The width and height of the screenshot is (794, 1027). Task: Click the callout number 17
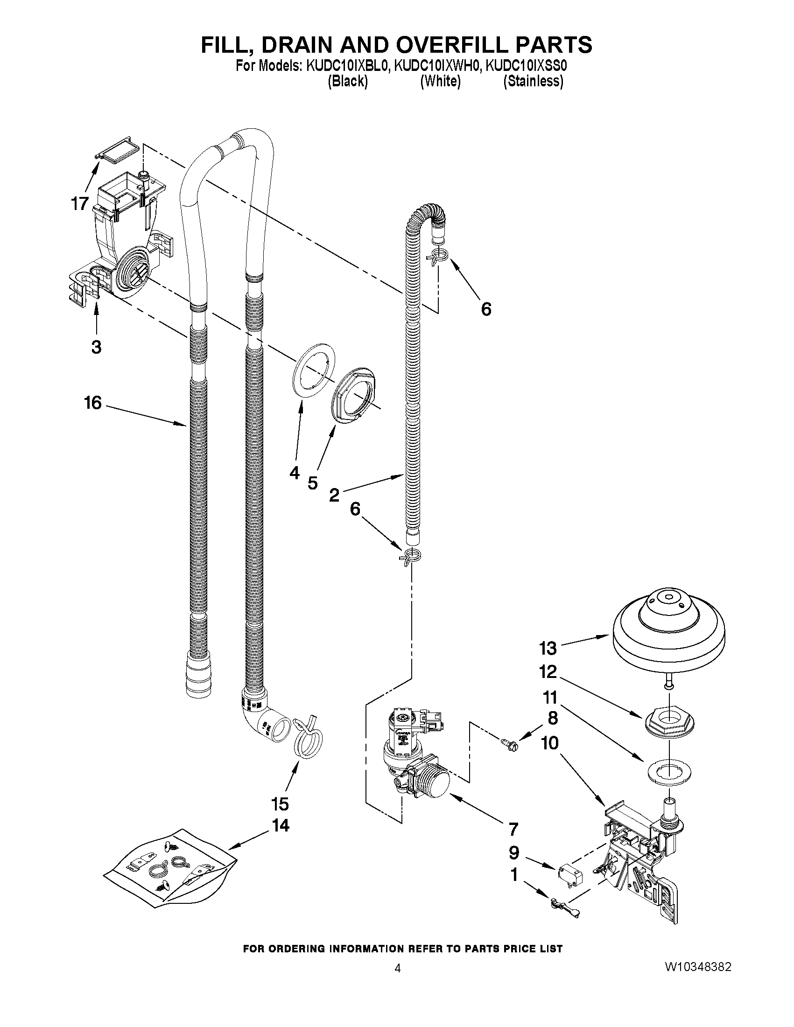click(80, 203)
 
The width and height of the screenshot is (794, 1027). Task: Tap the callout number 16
click(93, 403)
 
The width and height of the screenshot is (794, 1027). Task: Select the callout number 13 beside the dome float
click(548, 649)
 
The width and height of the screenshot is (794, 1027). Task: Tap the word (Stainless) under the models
click(533, 81)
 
